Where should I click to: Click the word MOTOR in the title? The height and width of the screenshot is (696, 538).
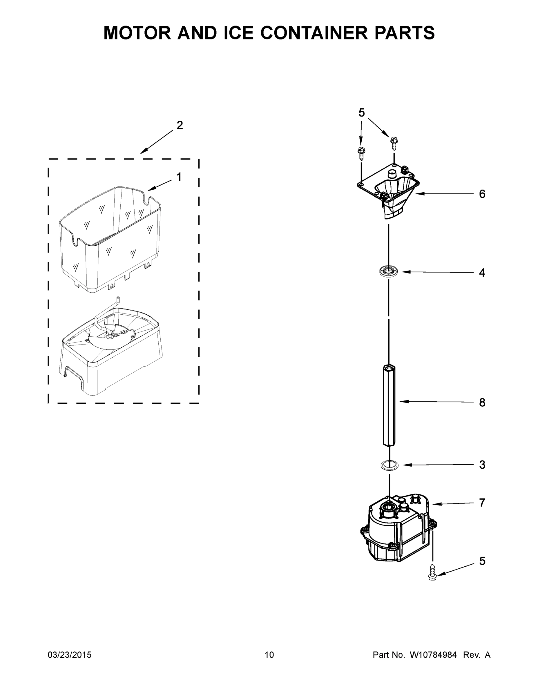coord(137,33)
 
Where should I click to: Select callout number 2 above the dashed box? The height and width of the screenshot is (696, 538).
coord(180,125)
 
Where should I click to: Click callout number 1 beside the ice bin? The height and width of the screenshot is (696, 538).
coord(179,177)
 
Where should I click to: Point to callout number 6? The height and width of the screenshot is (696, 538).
coord(482,194)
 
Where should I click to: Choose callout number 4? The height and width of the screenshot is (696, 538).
coord(482,273)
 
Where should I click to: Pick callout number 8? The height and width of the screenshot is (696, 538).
coord(482,403)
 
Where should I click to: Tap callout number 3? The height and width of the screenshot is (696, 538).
coord(482,465)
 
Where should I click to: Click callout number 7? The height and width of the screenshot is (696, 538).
coord(482,503)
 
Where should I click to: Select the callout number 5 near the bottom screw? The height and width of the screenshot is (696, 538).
coord(482,561)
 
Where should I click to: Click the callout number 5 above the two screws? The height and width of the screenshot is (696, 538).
coord(361,113)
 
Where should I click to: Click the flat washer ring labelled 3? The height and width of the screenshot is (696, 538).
coord(390,465)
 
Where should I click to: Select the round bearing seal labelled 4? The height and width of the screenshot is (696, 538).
coord(389,271)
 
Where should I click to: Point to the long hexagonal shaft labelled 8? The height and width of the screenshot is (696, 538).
coord(389,405)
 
